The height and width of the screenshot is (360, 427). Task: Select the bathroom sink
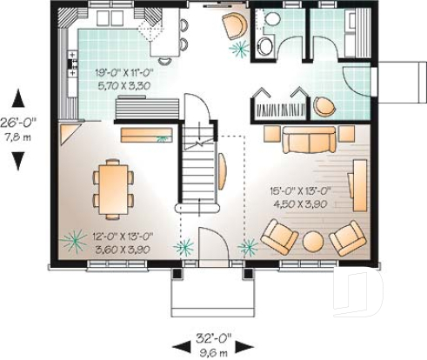click(262, 46)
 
